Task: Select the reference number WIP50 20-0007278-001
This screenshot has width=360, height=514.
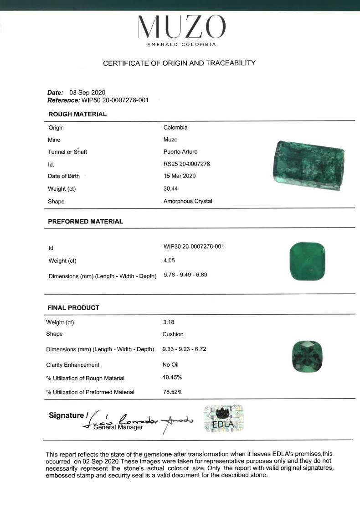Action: pos(115,100)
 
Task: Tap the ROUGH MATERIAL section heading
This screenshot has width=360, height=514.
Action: pos(77,114)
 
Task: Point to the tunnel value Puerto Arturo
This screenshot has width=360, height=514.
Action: pos(180,151)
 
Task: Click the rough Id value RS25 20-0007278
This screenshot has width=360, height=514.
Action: pos(186,164)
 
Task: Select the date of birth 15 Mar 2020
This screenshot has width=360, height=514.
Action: pos(180,176)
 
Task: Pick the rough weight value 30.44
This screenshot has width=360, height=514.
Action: pos(171,189)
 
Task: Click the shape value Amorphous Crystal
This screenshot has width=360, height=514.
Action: pos(188,201)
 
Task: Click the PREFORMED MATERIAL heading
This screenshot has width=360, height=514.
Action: pos(85,221)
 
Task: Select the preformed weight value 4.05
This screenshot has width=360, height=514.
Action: pos(169,260)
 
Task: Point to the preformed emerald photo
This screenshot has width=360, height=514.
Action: pos(308,261)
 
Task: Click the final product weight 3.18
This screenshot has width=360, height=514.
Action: pos(169,322)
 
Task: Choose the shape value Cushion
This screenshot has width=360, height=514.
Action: pos(173,334)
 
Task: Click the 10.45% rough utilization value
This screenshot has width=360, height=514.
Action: pos(172,377)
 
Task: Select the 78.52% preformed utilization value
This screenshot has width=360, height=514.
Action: pos(173,392)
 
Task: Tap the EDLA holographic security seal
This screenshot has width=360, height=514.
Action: pos(223,418)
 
